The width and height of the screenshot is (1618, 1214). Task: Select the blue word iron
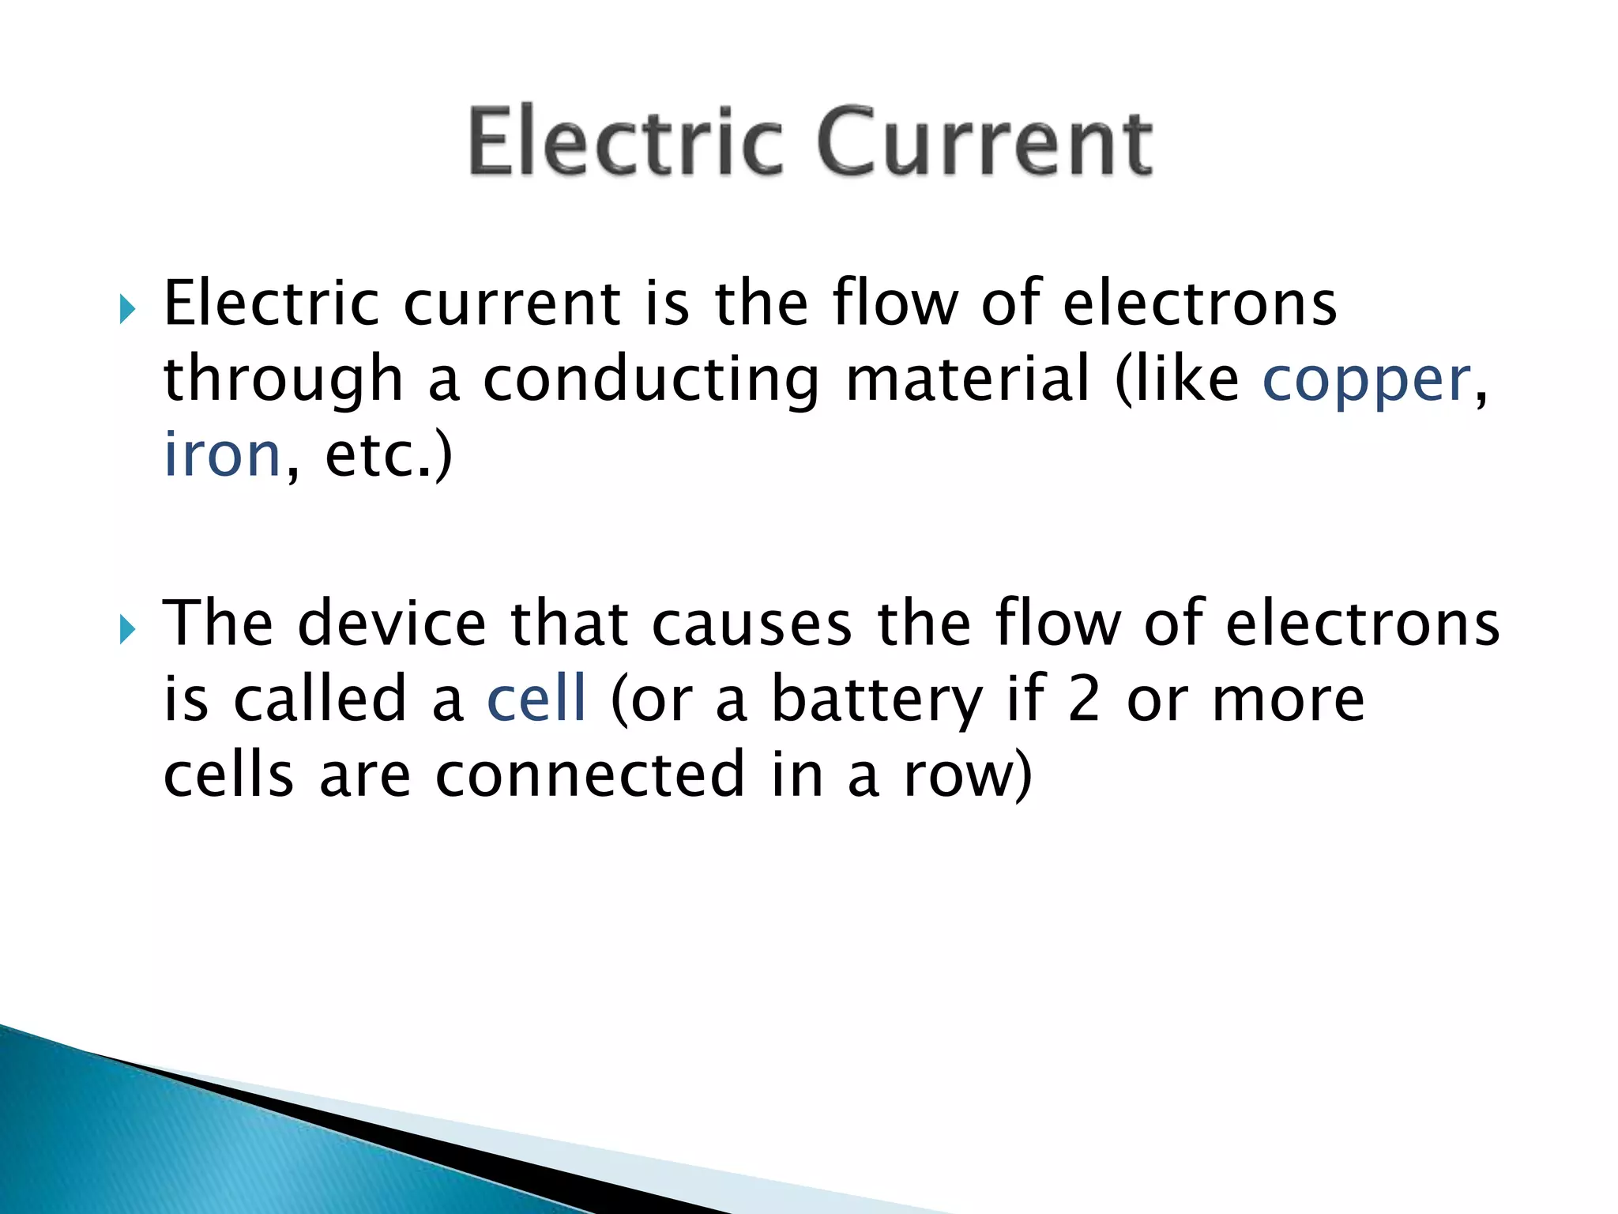click(222, 456)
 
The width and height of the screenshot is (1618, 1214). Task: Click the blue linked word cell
click(536, 699)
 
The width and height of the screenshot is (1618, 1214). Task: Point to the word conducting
click(651, 381)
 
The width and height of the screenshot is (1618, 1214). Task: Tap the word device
click(392, 624)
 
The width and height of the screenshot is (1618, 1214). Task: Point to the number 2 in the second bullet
click(1084, 699)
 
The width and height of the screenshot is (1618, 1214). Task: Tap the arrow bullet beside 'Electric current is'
click(126, 310)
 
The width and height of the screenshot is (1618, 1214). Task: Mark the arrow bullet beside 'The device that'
click(126, 630)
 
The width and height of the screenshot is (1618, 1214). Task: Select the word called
click(320, 699)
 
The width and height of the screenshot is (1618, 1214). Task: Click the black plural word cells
click(228, 775)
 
